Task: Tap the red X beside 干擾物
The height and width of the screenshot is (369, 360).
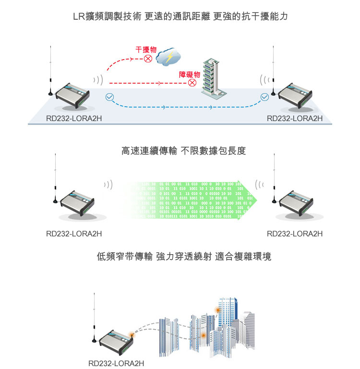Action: tap(148, 59)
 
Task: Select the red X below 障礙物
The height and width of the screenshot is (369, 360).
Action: tap(192, 83)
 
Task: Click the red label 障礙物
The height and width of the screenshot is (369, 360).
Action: tap(189, 74)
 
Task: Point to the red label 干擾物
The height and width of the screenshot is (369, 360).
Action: tap(146, 49)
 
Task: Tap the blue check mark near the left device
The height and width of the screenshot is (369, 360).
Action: tap(109, 97)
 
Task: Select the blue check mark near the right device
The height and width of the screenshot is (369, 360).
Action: tap(264, 98)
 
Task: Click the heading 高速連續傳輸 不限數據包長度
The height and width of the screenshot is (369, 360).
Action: tap(183, 151)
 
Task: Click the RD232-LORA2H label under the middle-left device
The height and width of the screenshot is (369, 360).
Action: tap(74, 234)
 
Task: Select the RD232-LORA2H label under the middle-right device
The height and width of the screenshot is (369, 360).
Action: tap(294, 234)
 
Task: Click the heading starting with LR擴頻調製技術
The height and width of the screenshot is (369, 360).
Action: tap(180, 17)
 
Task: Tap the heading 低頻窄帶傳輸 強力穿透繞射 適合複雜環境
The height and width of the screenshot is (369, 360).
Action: tap(184, 257)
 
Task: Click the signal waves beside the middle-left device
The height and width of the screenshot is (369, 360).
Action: tap(108, 185)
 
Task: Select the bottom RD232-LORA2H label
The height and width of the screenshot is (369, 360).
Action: tap(116, 363)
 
